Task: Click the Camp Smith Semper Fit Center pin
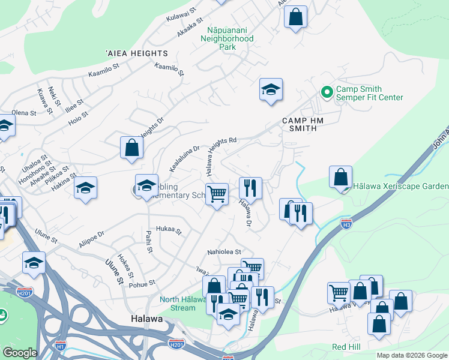pos(327,92)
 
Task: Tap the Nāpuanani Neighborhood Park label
pos(231,38)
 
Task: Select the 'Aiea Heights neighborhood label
pos(131,54)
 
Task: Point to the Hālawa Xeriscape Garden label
pos(400,187)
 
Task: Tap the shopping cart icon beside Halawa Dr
pos(217,194)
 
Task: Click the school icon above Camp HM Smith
pos(271,90)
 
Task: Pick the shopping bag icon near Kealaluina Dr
pos(131,148)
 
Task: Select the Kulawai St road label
pos(182,14)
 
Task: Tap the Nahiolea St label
pos(224,252)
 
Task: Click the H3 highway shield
pos(346,223)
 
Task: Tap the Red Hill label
pos(346,347)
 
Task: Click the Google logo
pos(20,353)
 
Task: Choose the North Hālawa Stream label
pos(177,304)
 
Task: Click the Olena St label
pos(24,113)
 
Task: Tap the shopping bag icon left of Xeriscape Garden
pos(340,177)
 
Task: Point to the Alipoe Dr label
pos(91,239)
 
